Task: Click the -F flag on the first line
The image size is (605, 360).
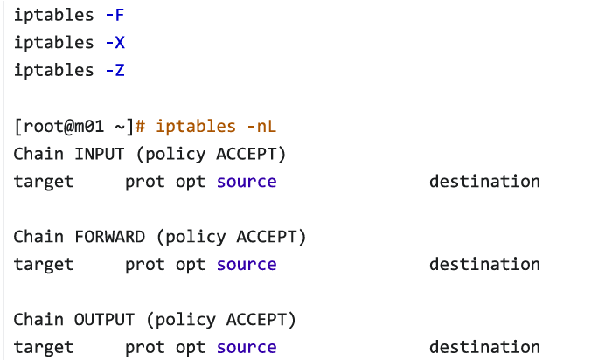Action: (115, 15)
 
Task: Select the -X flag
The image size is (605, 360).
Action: (115, 42)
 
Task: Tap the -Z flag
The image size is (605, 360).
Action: (115, 70)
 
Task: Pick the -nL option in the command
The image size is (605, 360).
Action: (261, 126)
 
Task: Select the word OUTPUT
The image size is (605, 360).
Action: (104, 319)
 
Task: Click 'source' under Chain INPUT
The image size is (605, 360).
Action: (247, 182)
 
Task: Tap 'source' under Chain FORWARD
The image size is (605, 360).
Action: (247, 264)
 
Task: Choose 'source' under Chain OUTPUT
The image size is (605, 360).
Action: (247, 347)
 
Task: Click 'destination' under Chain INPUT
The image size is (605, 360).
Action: (484, 182)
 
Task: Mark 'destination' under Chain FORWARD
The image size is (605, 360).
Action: (484, 264)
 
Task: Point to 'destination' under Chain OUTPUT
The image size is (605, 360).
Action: (484, 347)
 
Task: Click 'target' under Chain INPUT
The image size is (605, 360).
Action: (44, 182)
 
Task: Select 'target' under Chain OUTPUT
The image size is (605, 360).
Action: (44, 347)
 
